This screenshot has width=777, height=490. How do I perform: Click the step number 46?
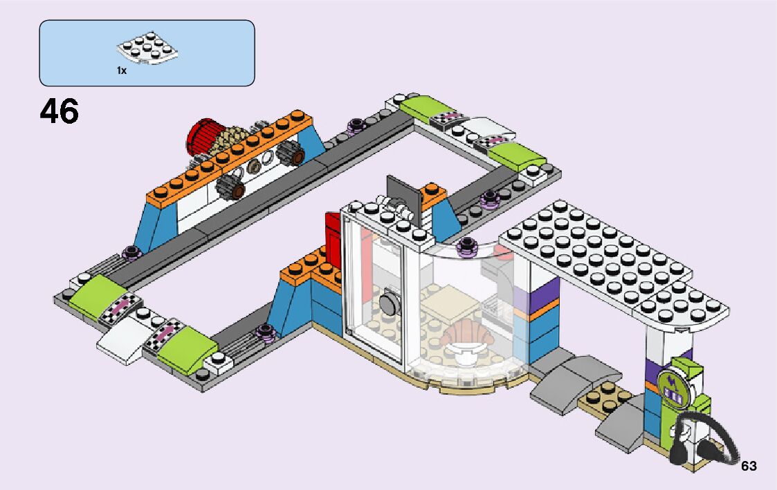pyautogui.click(x=60, y=111)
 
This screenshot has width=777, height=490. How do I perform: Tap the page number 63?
pyautogui.click(x=749, y=467)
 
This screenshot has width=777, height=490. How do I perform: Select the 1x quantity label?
pyautogui.click(x=122, y=70)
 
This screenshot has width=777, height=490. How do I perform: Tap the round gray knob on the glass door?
pyautogui.click(x=387, y=301)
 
